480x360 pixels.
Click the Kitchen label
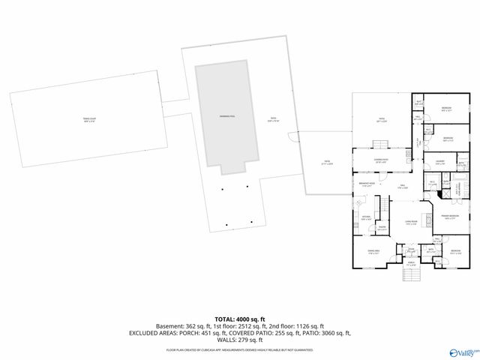pyautogui.click(x=367, y=219)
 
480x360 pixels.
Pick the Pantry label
pyautogui.click(x=381, y=228)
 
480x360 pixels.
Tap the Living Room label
pyautogui.click(x=411, y=223)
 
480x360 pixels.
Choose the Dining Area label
pyautogui.click(x=373, y=253)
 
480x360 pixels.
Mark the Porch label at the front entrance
pyautogui.click(x=410, y=264)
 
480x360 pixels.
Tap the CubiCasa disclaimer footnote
pyautogui.click(x=240, y=349)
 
